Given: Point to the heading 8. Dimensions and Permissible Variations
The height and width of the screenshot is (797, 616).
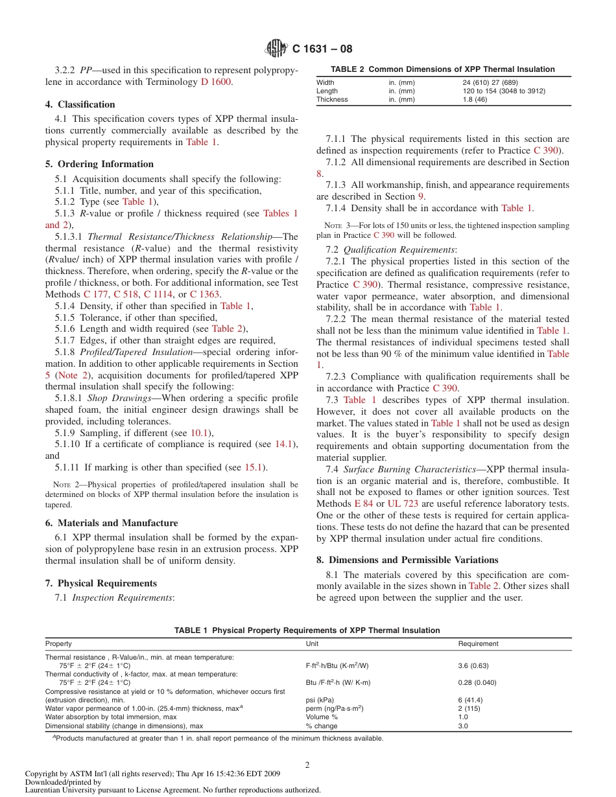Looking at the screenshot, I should click(x=407, y=560).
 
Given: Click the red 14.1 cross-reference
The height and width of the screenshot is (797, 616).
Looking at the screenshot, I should click(x=283, y=444).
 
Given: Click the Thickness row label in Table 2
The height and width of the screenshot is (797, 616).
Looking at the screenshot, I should click(x=332, y=100).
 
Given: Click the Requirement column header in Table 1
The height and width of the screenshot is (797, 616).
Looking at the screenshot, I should click(x=478, y=643).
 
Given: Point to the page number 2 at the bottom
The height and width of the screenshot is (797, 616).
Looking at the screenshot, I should click(x=307, y=765).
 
